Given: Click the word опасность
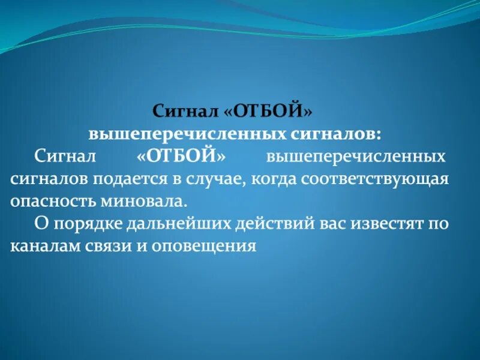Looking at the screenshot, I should click(x=50, y=201).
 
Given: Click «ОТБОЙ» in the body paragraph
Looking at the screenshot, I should click(x=181, y=156).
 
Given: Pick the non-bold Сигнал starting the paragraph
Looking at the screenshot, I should click(x=65, y=156).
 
